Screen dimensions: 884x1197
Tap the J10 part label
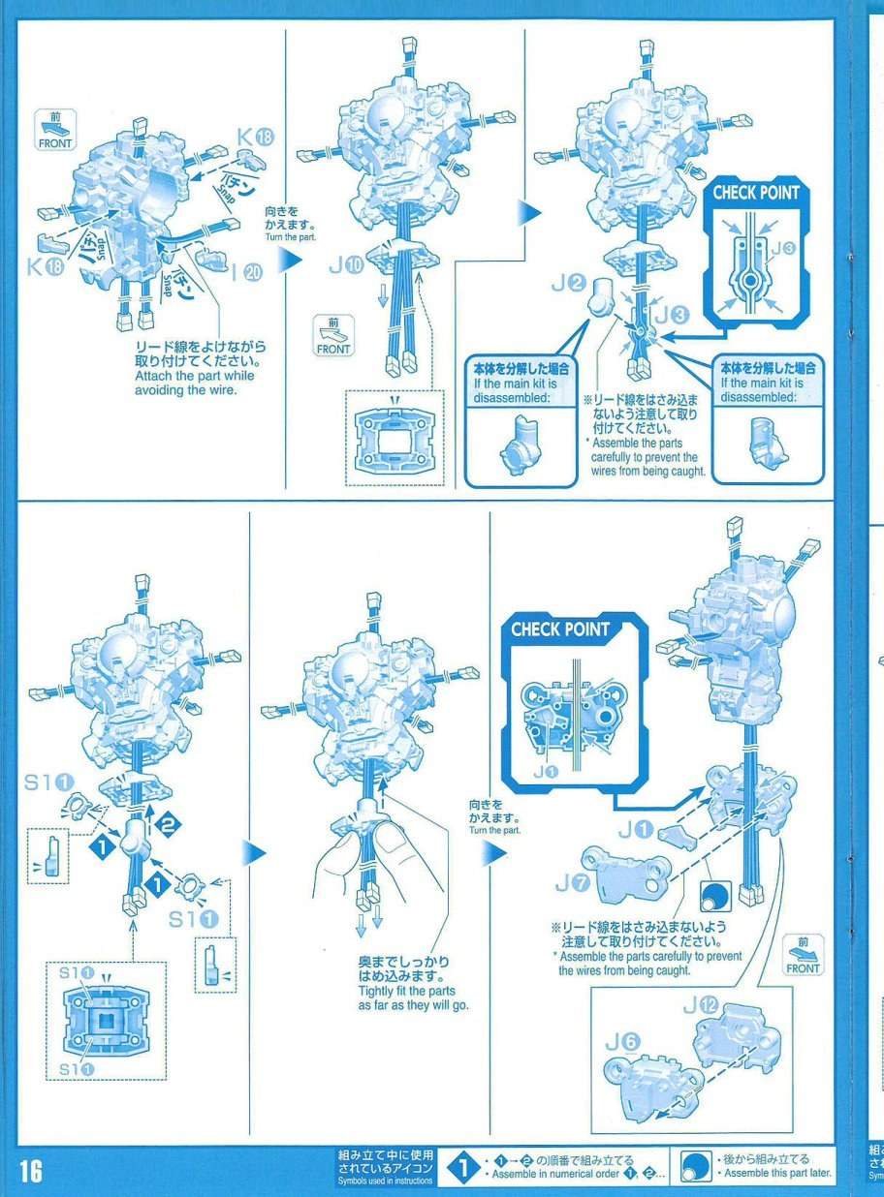346,265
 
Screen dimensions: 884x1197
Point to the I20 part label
247,272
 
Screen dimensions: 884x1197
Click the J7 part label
574,883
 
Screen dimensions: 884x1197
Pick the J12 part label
701,1005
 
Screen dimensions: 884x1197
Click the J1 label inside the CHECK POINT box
545,772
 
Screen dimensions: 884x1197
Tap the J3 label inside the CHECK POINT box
783,248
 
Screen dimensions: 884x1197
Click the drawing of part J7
629,875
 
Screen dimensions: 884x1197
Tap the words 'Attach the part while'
195,376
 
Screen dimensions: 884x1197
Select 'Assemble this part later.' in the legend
777,1172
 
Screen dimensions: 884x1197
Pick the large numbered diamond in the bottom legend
462,1168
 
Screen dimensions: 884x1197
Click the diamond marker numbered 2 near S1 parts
168,824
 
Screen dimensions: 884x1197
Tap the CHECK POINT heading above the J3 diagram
755,193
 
